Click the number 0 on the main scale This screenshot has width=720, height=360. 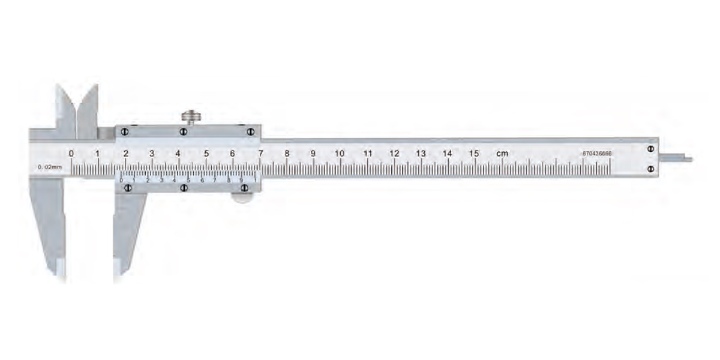pos(71,153)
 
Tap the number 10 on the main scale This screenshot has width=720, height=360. pos(340,153)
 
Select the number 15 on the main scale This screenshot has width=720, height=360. pos(474,153)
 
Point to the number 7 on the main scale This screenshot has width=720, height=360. pos(260,153)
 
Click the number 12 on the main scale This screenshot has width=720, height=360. pos(394,153)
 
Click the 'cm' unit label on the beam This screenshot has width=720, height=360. pos(502,154)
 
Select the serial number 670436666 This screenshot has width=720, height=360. pos(597,154)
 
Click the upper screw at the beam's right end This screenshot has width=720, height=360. pos(650,148)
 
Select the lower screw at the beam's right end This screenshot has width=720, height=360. pos(650,170)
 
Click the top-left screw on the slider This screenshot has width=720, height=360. pos(124,131)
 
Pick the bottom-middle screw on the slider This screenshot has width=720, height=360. pos(184,188)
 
